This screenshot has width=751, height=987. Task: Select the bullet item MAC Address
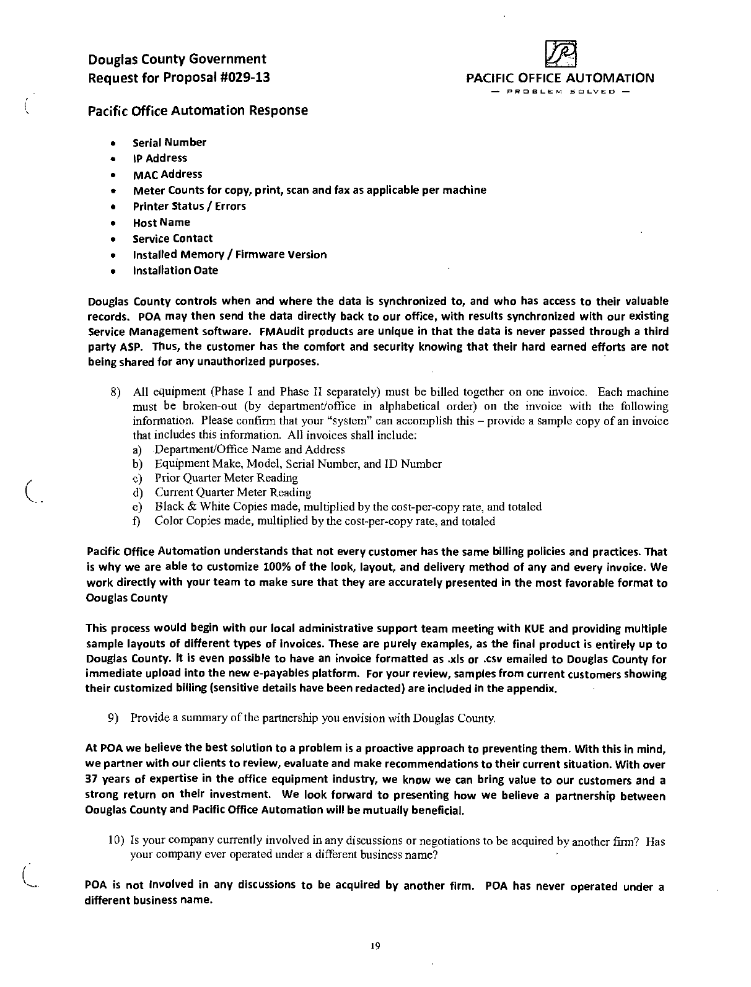pyautogui.click(x=167, y=174)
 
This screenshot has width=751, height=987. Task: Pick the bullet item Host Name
pyautogui.click(x=161, y=222)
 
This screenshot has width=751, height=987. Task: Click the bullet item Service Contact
pyautogui.click(x=172, y=239)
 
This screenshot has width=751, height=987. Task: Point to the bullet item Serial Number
pyautogui.click(x=169, y=143)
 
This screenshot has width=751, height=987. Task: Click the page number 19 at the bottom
pyautogui.click(x=374, y=945)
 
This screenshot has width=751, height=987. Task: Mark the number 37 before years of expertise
pyautogui.click(x=92, y=779)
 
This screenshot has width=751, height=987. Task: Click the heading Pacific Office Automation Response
pyautogui.click(x=197, y=110)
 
